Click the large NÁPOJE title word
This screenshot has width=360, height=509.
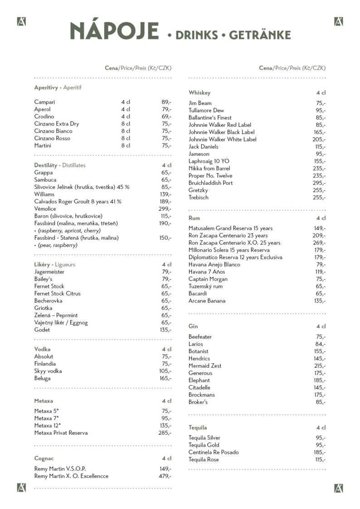coord(114,32)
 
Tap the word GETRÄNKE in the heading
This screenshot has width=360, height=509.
coord(260,35)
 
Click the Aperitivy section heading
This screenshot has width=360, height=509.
coord(46,87)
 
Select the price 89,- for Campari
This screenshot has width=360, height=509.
coord(166,102)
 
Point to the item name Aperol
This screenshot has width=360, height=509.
coord(42,109)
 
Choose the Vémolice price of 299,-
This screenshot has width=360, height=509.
coord(165,208)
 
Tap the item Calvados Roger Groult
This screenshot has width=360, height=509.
coord(78,201)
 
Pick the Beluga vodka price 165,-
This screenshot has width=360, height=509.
coord(165,378)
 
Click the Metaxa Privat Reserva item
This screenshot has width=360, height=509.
coord(61,433)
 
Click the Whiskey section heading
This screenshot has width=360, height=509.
coord(199,92)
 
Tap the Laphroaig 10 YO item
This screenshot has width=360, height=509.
coord(209,161)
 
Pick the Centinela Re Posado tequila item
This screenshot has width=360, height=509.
coord(214,452)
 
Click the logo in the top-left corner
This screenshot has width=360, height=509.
coord(21,21)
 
